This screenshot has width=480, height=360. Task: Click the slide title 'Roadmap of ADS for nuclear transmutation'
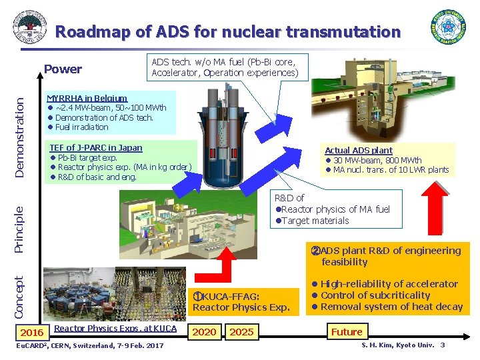[228, 31]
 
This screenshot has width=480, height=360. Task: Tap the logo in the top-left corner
[29, 27]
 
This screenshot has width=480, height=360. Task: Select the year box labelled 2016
[32, 332]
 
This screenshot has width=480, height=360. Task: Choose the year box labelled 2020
[204, 332]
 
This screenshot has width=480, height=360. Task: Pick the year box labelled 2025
[241, 332]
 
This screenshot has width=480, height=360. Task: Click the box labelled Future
[347, 331]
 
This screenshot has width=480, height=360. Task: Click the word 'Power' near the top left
[63, 69]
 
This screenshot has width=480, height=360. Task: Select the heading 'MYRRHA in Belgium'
[87, 97]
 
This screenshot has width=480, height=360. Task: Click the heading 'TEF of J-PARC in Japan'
[96, 147]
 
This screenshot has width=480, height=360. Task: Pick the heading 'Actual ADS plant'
[359, 151]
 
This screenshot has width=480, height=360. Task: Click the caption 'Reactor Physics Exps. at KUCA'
[115, 328]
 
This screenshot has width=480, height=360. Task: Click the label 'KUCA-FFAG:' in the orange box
[230, 296]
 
